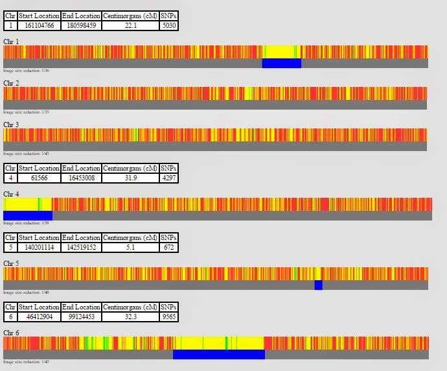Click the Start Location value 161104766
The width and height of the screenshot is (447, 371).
coord(40,25)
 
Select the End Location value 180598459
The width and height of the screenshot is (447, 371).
coord(82,25)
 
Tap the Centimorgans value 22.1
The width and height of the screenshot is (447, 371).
coord(130,25)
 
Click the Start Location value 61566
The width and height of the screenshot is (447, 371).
coord(40,178)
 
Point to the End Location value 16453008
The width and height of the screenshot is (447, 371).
coord(82,178)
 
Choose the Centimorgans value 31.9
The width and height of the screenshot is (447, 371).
coord(130,178)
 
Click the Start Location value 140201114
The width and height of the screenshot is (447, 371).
coord(40,247)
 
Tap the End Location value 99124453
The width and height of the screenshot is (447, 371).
coord(82,317)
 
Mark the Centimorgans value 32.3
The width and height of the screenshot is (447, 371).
coord(130,317)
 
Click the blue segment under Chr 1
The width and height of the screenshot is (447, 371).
coord(281,64)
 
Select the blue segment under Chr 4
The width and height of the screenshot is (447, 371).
coord(28,215)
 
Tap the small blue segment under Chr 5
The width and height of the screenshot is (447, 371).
coord(318,285)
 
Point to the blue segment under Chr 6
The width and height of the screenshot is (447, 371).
coord(218,354)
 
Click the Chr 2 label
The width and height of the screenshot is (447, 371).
coord(11,83)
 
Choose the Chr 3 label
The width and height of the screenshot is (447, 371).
coord(11,125)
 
